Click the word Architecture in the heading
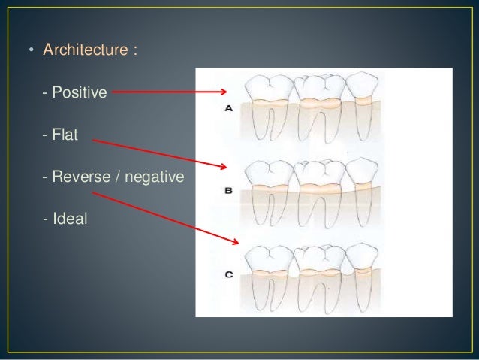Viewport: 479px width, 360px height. pos(84,51)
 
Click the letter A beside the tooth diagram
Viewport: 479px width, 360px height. pos(228,108)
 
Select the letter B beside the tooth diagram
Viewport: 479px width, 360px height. pos(228,191)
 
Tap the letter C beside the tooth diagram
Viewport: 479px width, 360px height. pos(228,275)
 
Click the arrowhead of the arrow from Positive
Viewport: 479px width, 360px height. pos(224,92)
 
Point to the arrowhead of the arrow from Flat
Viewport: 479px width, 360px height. pos(223,167)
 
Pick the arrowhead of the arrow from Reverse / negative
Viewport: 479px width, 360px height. pos(236,242)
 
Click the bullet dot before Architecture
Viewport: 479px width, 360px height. pos(31,51)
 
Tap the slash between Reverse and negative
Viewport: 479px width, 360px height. pos(117,177)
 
